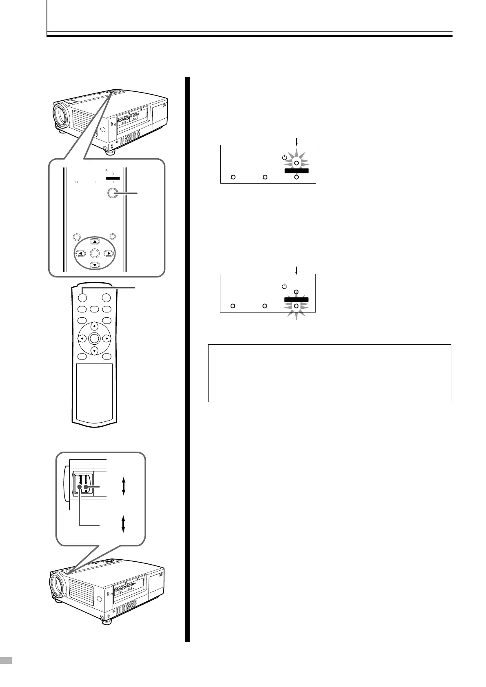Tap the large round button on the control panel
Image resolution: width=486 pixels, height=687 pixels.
point(112,194)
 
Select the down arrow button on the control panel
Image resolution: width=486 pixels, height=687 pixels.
point(95,265)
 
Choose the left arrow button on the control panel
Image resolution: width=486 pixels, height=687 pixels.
point(81,253)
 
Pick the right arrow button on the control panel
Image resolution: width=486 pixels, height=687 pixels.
point(109,253)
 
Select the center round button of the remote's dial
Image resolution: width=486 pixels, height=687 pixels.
point(94,338)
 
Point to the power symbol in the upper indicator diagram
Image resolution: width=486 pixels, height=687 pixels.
point(284,157)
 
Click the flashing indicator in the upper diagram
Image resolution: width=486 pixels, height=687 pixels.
point(297,163)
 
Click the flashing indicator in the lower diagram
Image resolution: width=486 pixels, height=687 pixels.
point(296,306)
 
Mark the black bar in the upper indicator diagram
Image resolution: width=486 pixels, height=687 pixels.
point(296,171)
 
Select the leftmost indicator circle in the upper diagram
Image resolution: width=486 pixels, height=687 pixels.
point(233,177)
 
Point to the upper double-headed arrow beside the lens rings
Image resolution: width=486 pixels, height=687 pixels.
point(123,486)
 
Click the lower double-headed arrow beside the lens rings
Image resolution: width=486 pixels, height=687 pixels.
point(123,523)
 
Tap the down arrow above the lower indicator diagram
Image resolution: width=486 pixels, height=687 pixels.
point(297,270)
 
